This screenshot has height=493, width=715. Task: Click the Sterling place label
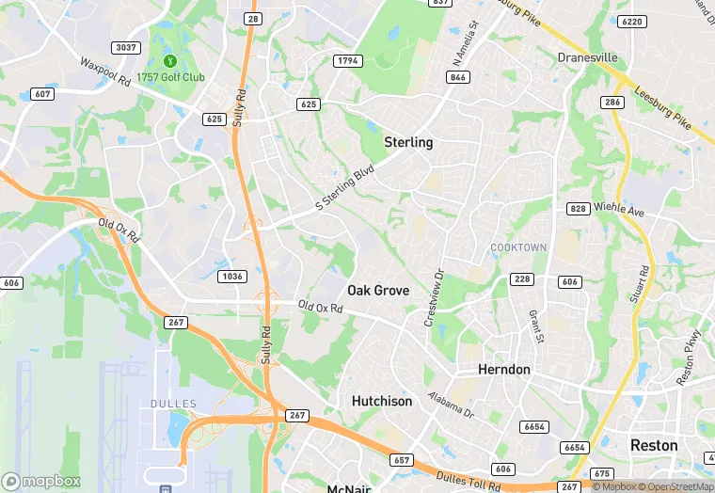point(408,142)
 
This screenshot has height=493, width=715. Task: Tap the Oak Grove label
point(378,290)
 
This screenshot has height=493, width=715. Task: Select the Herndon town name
point(504,369)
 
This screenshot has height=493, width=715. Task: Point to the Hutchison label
point(382,401)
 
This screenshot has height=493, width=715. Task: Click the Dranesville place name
point(588,57)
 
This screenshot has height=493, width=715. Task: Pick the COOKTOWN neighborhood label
point(518,247)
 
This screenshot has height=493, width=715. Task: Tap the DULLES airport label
point(173,404)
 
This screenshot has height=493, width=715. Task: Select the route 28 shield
point(252,19)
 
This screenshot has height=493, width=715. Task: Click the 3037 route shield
point(125,47)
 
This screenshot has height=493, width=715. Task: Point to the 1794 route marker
point(347,61)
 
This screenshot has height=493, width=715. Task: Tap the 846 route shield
point(458,77)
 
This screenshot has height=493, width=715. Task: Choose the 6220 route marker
point(632,21)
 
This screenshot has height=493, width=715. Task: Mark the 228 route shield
point(522,280)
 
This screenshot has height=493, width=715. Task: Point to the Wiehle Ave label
point(619,209)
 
